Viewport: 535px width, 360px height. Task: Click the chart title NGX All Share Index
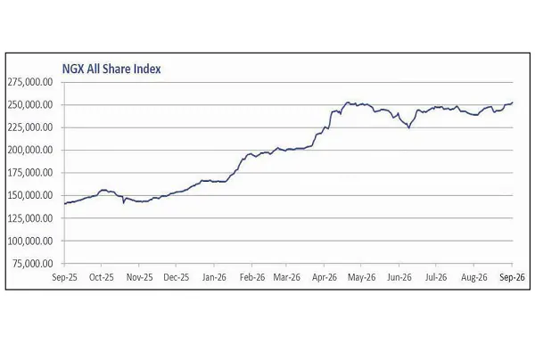[111, 69]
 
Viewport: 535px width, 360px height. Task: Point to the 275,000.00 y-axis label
[30, 82]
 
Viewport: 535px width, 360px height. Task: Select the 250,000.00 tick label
[30, 104]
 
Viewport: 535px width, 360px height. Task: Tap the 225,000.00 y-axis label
[30, 127]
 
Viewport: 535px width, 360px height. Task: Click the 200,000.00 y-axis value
[30, 150]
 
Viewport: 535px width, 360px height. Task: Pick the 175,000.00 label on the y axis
[30, 173]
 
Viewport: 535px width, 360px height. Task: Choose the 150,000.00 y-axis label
[30, 195]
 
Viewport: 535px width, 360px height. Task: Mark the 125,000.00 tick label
[30, 217]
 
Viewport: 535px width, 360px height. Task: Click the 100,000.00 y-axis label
[30, 241]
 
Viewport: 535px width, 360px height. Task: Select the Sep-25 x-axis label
[64, 277]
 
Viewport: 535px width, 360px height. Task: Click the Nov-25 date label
[140, 277]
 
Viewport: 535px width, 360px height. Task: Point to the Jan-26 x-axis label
[214, 277]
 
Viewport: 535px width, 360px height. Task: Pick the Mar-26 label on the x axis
[286, 277]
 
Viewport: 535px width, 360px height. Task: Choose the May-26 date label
[362, 277]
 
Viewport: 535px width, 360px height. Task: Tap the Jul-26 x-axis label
[436, 277]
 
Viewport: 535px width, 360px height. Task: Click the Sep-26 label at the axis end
[512, 277]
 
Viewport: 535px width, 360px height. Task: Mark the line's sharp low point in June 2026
[408, 127]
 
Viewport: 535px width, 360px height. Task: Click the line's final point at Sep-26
[513, 102]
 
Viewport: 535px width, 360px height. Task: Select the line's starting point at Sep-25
[65, 203]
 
